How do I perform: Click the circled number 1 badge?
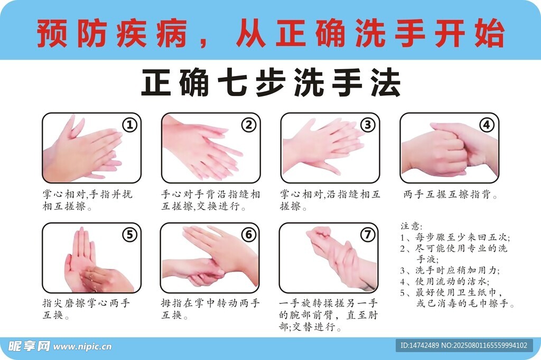tap(130, 125)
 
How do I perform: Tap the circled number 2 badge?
tap(249, 125)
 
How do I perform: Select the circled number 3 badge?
tap(368, 125)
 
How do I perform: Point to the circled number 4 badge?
tap(487, 125)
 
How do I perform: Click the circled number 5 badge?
tap(130, 235)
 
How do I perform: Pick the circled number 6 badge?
tap(249, 235)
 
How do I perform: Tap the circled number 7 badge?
tap(368, 235)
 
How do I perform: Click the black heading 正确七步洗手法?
tap(271, 83)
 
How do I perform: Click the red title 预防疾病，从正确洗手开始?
tap(271, 33)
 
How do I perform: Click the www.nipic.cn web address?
tap(82, 347)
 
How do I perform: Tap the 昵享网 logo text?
tap(29, 346)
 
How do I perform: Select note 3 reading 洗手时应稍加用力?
tap(450, 270)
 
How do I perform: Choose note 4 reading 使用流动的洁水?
tap(445, 281)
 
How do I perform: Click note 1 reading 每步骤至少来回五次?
tap(455, 237)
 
